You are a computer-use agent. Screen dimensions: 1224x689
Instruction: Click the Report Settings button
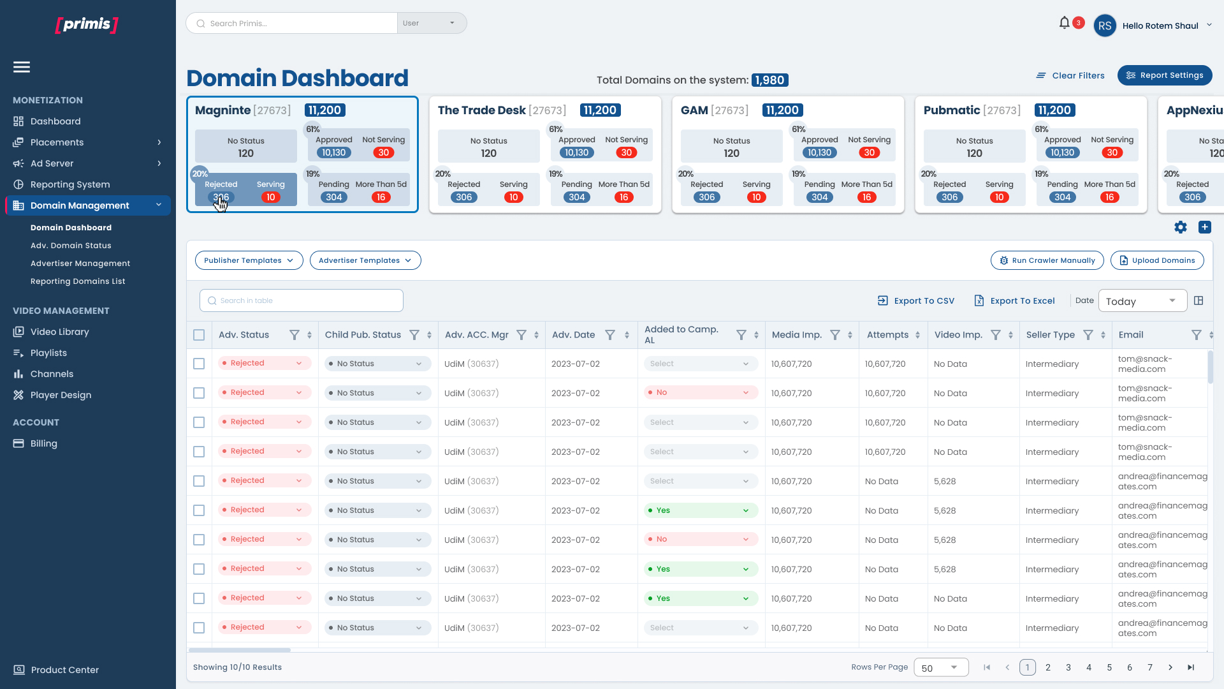1165,75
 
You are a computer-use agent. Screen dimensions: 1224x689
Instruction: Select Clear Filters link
1070,75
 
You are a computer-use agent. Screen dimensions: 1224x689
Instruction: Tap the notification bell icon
1064,23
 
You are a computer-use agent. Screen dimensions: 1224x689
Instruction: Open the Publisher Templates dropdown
249,260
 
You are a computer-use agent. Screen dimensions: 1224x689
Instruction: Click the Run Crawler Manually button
1047,260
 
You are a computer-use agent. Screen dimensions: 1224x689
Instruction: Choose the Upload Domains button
1157,260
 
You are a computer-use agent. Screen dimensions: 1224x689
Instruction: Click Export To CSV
916,300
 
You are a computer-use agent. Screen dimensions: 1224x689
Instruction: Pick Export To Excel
1014,300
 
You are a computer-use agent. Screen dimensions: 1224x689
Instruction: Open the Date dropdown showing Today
1142,300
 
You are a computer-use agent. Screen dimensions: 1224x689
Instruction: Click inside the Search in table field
302,300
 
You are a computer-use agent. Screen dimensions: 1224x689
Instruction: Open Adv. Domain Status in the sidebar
71,246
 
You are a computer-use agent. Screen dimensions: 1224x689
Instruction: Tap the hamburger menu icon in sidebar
22,67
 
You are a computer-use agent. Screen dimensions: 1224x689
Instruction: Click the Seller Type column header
1051,335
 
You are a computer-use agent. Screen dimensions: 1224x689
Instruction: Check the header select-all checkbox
199,335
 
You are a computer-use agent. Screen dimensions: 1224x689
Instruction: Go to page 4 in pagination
1089,667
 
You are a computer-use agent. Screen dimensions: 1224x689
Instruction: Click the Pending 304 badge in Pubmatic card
1063,197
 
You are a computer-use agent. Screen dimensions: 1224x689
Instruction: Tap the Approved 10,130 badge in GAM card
820,152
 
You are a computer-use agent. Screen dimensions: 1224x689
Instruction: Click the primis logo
87,24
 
